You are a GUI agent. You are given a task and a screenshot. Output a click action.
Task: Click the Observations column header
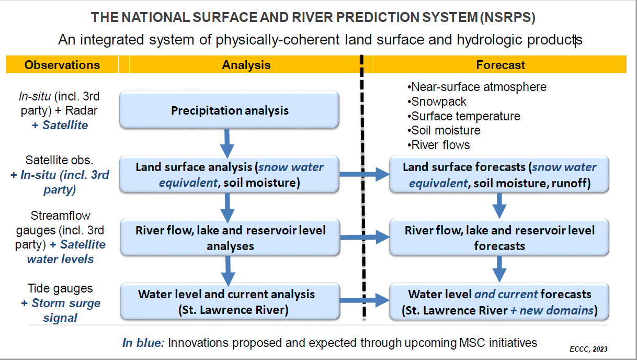62,65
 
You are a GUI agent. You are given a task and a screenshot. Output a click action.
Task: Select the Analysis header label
246,65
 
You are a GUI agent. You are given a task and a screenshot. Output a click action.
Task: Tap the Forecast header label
500,65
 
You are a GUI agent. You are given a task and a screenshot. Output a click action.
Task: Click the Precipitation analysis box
229,110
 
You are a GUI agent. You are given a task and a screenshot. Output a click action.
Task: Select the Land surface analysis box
229,174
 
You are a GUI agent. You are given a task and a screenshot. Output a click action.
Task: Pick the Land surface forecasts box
499,174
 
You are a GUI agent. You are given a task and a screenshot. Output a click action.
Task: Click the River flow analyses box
230,237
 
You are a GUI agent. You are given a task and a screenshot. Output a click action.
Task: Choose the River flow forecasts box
499,237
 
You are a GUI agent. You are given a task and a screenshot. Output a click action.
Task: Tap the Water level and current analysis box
230,301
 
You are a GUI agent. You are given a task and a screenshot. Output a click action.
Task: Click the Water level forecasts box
499,301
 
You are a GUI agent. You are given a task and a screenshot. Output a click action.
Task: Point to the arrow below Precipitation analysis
227,143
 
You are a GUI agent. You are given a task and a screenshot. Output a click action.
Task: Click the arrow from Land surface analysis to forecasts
365,174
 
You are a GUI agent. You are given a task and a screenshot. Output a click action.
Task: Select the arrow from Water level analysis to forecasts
365,300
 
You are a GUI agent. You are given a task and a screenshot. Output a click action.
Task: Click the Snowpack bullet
437,102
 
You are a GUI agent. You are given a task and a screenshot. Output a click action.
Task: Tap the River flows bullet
438,145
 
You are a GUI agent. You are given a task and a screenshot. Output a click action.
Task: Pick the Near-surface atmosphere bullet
477,87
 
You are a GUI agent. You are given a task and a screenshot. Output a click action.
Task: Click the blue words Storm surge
66,303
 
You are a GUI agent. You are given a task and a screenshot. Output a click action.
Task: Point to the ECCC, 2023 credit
588,349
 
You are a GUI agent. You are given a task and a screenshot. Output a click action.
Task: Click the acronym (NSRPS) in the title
508,17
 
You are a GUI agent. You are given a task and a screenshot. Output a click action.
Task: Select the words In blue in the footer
143,343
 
